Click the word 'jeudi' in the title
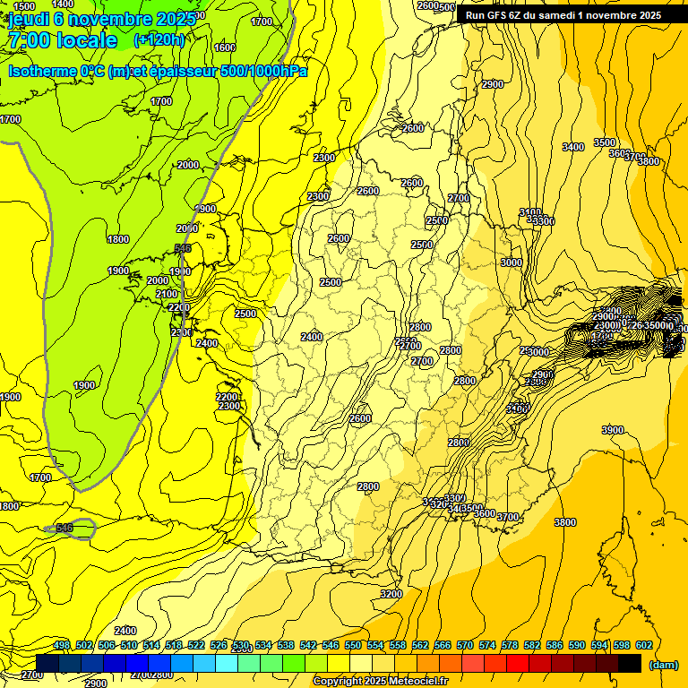[x=28, y=19]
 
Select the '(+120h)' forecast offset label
[x=159, y=39]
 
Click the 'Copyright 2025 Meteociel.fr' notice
[x=381, y=681]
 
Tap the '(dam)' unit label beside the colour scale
[x=662, y=665]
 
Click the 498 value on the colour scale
[x=62, y=645]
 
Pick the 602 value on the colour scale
[x=644, y=645]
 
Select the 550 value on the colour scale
[x=353, y=645]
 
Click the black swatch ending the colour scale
[x=630, y=663]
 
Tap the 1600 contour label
[x=225, y=47]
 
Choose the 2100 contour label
[x=167, y=294]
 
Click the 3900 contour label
[x=613, y=431]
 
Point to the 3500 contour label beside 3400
[x=605, y=142]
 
